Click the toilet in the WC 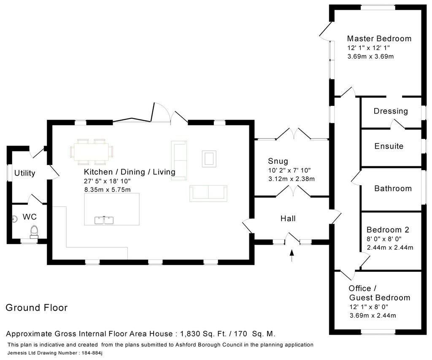pyautogui.click(x=34, y=232)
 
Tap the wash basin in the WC pyautogui.click(x=15, y=219)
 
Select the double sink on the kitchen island pyautogui.click(x=104, y=220)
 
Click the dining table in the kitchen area pyautogui.click(x=92, y=152)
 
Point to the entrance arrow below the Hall pyautogui.click(x=292, y=255)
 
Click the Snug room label pyautogui.click(x=278, y=161)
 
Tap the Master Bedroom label pyautogui.click(x=379, y=38)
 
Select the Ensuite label pyautogui.click(x=389, y=146)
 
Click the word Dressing pyautogui.click(x=391, y=111)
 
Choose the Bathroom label pyautogui.click(x=393, y=189)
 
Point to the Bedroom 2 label pyautogui.click(x=388, y=230)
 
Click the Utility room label pyautogui.click(x=25, y=173)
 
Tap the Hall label pyautogui.click(x=288, y=219)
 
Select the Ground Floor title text pyautogui.click(x=37, y=308)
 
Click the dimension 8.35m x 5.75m pyautogui.click(x=108, y=189)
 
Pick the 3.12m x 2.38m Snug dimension pyautogui.click(x=292, y=179)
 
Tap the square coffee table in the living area pyautogui.click(x=209, y=159)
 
